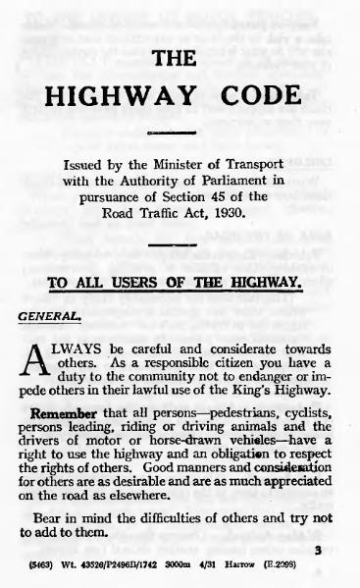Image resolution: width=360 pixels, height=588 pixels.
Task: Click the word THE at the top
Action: (x=181, y=59)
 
